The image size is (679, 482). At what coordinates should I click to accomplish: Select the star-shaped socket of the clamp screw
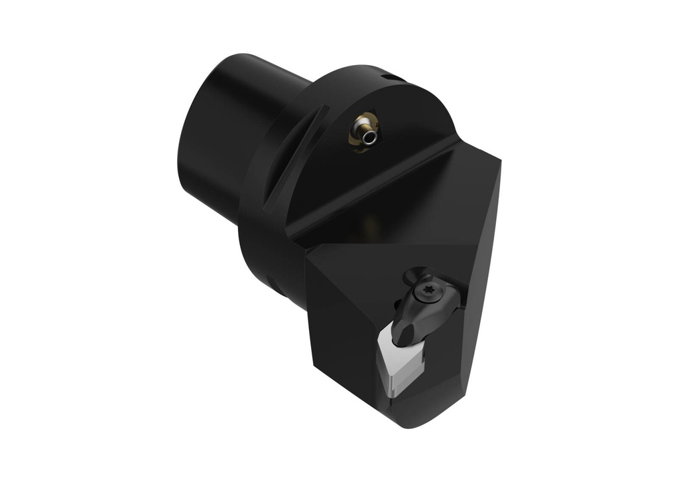tap(426, 292)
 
